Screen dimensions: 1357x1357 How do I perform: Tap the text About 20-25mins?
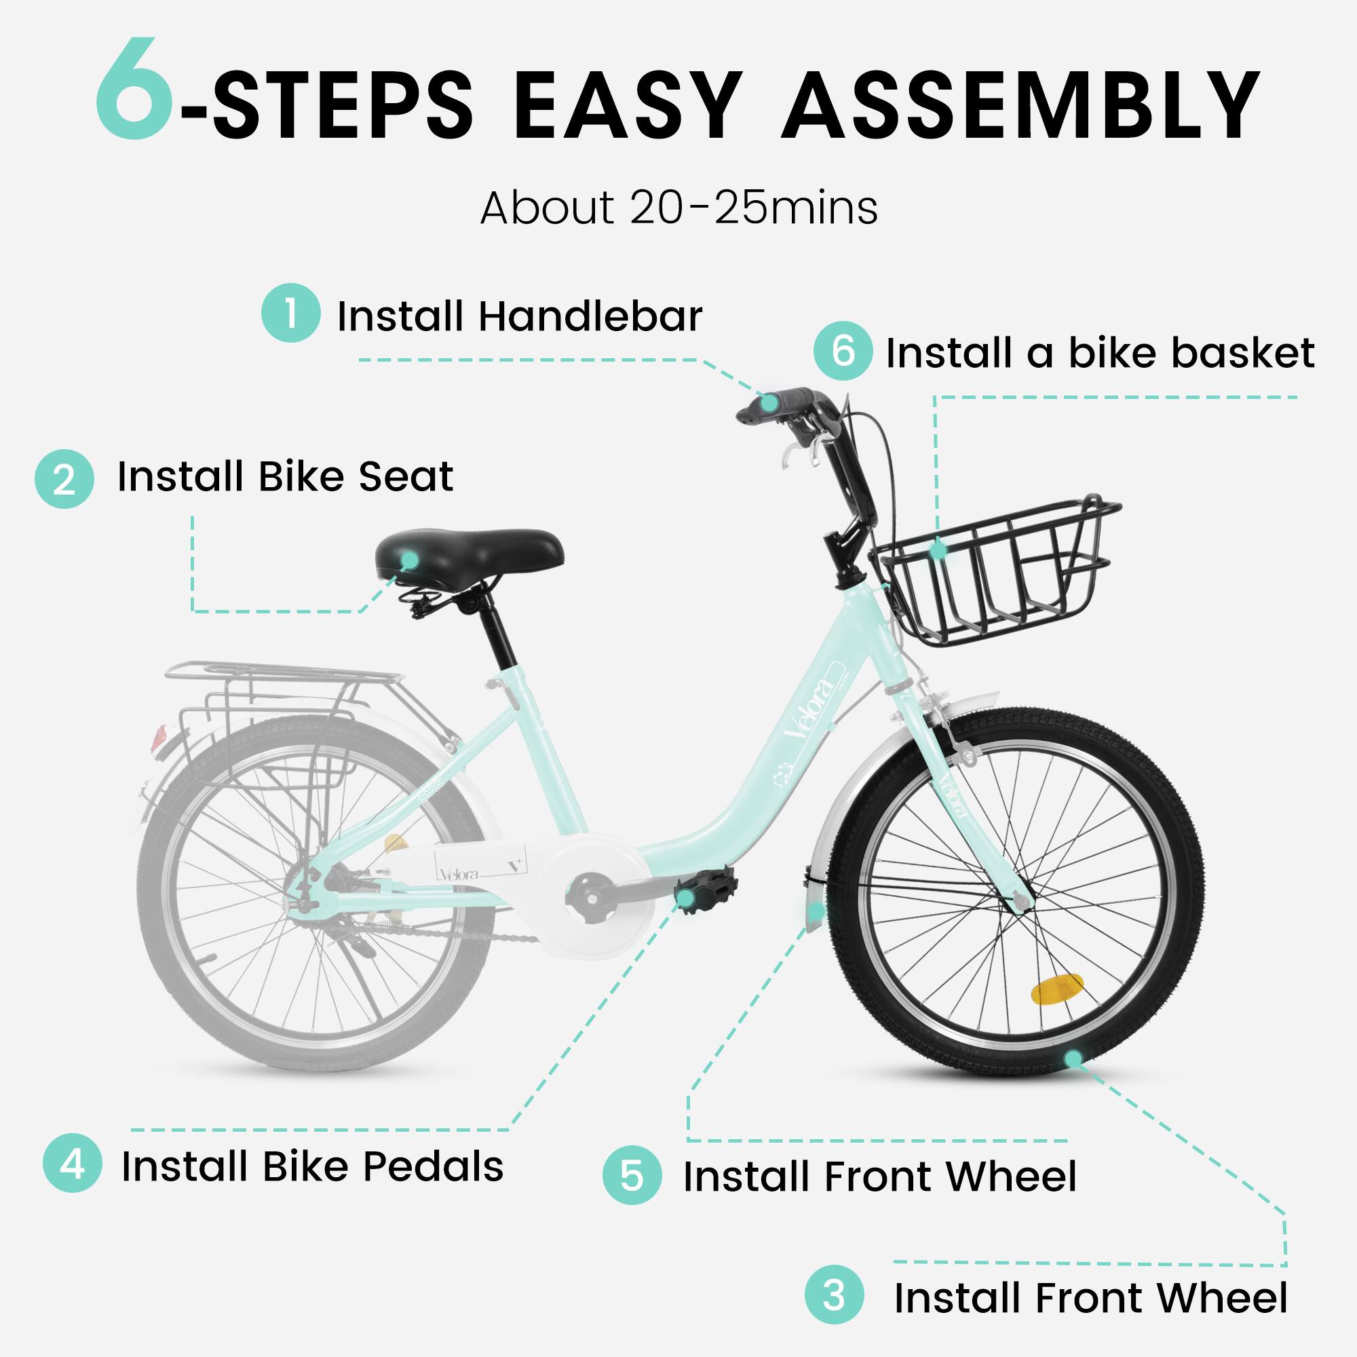(678, 208)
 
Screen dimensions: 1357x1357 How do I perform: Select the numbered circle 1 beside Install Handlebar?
(291, 313)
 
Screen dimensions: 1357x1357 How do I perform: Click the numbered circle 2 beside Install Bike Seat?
(64, 479)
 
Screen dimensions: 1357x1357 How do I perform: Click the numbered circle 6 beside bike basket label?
(843, 351)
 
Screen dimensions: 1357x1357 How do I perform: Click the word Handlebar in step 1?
(590, 316)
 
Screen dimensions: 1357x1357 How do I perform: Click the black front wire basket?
(997, 573)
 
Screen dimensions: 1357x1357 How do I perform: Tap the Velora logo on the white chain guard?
(459, 875)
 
